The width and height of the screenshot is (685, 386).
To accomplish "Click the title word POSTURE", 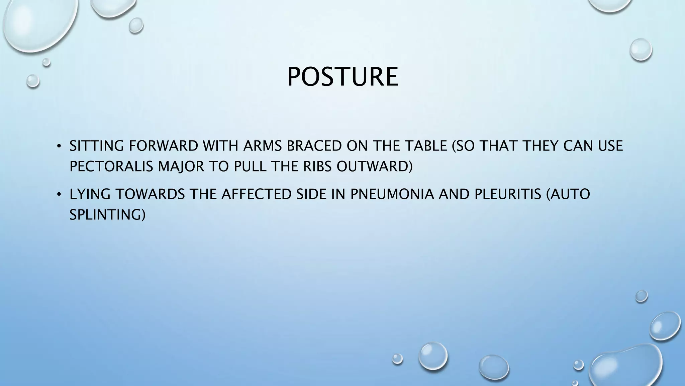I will (342, 77).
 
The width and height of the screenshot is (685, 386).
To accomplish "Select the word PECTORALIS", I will (111, 167).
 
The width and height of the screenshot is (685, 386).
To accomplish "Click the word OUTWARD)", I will (375, 167).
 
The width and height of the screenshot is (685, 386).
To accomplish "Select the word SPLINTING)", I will (107, 215).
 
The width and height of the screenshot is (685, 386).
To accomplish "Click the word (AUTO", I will (568, 194).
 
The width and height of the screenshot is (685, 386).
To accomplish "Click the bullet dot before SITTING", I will (59, 146).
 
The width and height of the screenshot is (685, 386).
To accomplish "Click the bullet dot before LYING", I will (59, 195).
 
